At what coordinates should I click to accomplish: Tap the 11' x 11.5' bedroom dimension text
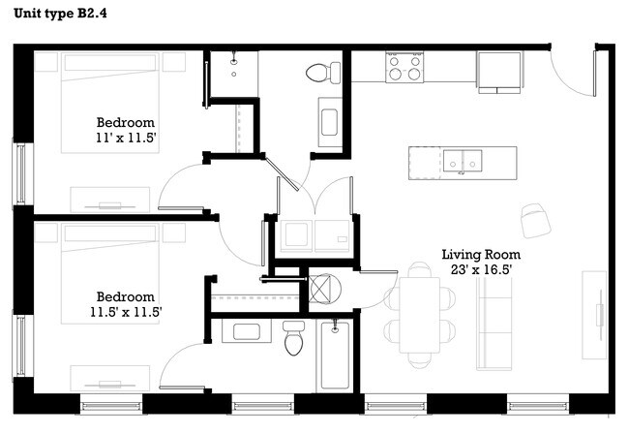coord(125,139)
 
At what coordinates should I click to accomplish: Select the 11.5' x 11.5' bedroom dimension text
coord(125,312)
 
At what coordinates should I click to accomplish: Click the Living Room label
coord(474,254)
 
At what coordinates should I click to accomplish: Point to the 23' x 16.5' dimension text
coord(474,270)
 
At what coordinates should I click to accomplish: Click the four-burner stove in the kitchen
coord(404,67)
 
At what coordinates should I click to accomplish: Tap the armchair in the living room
coord(534,220)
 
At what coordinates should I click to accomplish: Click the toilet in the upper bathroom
coord(322,72)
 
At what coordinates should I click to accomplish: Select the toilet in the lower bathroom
coord(294,338)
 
